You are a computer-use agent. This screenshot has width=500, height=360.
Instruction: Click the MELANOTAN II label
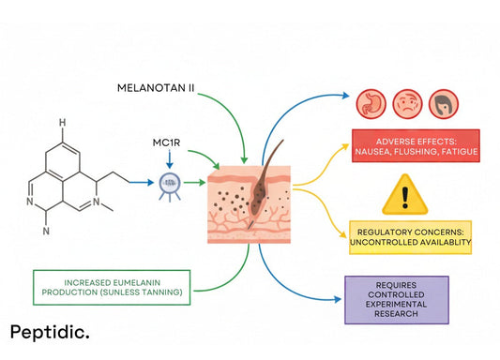pos(156,87)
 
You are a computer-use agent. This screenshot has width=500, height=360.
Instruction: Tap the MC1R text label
pos(167,144)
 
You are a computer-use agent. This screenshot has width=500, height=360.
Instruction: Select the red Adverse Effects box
pos(414,145)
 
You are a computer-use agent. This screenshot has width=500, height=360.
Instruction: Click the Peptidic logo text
pos(50,333)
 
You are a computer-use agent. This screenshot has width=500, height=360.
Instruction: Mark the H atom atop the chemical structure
pos(62,122)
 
